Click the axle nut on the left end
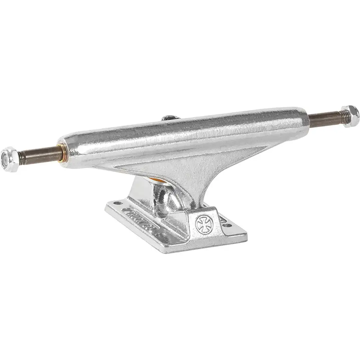tap(9, 159)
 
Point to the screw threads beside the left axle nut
tap(21, 158)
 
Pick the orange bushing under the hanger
tap(162, 181)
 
